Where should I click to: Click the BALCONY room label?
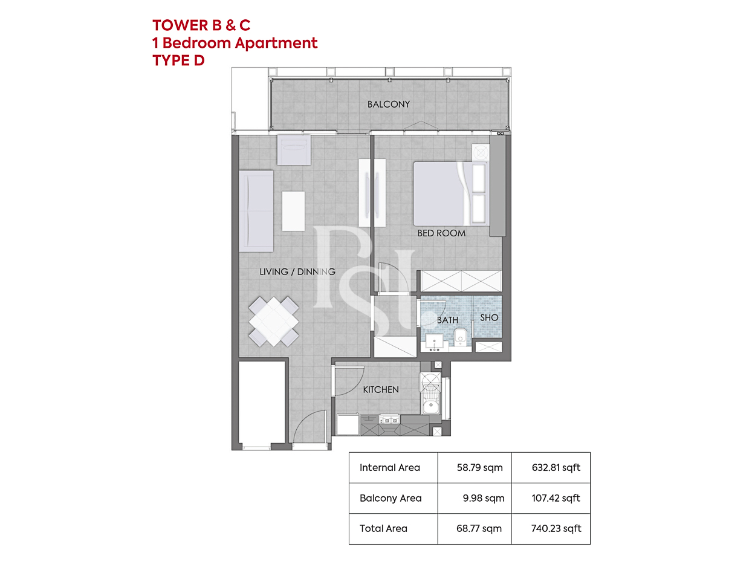389,104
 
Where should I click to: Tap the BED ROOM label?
441,233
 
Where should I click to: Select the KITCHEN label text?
381,390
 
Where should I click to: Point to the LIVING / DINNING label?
297,272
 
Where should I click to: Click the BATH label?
447,320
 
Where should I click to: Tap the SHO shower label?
489,318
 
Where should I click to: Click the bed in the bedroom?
451,193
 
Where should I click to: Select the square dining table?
274,322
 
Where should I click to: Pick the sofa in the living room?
256,212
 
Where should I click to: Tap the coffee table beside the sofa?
293,212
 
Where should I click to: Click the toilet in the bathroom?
460,338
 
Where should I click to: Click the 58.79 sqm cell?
479,468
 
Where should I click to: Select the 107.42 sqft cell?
556,498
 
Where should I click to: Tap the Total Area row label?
383,529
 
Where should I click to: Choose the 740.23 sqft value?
556,529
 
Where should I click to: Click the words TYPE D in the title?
178,60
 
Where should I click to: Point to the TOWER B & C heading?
201,25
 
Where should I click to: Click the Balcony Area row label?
391,498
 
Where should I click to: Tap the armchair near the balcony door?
294,150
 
